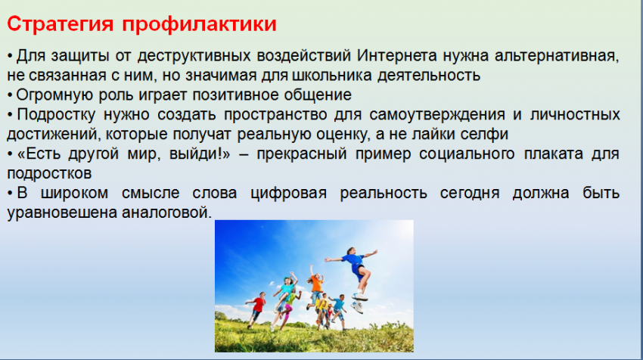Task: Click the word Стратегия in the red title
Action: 60,23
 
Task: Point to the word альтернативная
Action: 557,56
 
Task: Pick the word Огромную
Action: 54,95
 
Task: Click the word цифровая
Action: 289,193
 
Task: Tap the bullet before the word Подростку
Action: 10,115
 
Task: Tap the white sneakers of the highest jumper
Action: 359,303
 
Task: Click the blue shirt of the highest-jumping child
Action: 353,260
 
